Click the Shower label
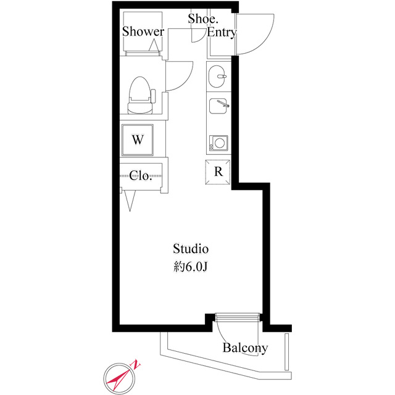pos(143,31)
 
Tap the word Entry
pos(221,33)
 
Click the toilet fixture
pos(139,96)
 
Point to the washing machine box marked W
pos(138,139)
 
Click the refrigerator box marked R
pos(218,172)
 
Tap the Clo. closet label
pos(141,175)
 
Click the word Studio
pos(191,249)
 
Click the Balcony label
pos(245,348)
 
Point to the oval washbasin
pos(218,78)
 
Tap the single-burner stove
pos(218,144)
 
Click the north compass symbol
pos(119,376)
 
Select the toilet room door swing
pos(180,75)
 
